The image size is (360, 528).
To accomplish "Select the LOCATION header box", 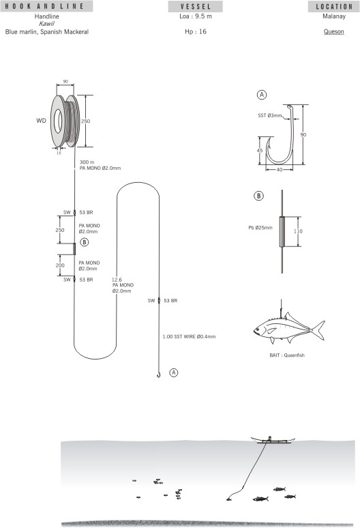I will point(333,6).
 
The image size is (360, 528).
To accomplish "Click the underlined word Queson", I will point(333,31).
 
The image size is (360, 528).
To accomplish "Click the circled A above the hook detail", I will point(261,94).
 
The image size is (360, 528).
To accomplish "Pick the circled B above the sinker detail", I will point(259,196).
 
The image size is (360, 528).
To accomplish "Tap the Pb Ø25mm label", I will point(259,228).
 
